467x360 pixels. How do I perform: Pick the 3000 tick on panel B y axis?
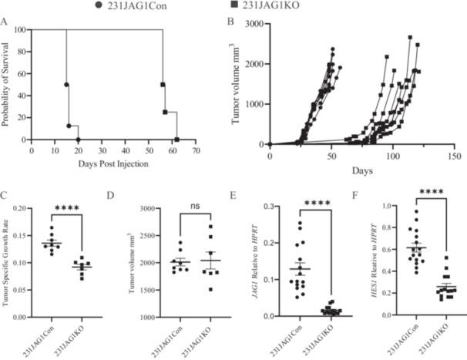254,25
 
